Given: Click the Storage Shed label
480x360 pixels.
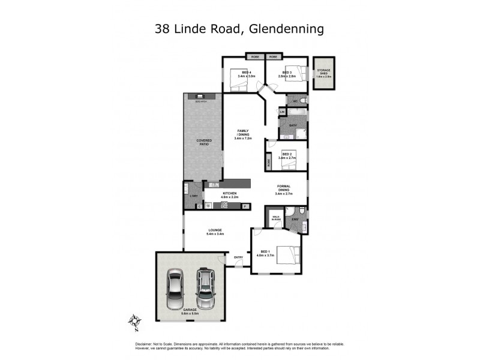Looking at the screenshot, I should [323, 72].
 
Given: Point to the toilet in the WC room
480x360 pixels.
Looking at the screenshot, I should [303, 100].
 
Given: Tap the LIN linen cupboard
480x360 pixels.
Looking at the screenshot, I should [282, 112].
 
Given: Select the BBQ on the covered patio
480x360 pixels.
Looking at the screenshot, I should [197, 96].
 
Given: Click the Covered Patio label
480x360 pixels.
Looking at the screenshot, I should [204, 142].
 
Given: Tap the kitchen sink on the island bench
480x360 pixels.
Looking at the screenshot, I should [214, 185].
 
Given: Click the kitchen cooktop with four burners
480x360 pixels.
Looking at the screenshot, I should [224, 206].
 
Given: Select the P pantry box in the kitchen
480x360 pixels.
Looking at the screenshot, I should [245, 206].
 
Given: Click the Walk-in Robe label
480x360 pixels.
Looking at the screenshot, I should [277, 218].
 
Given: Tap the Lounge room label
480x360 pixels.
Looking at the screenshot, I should [215, 231].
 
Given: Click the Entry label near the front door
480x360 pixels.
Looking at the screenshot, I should [239, 257].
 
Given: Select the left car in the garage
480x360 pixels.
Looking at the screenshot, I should [175, 287].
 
